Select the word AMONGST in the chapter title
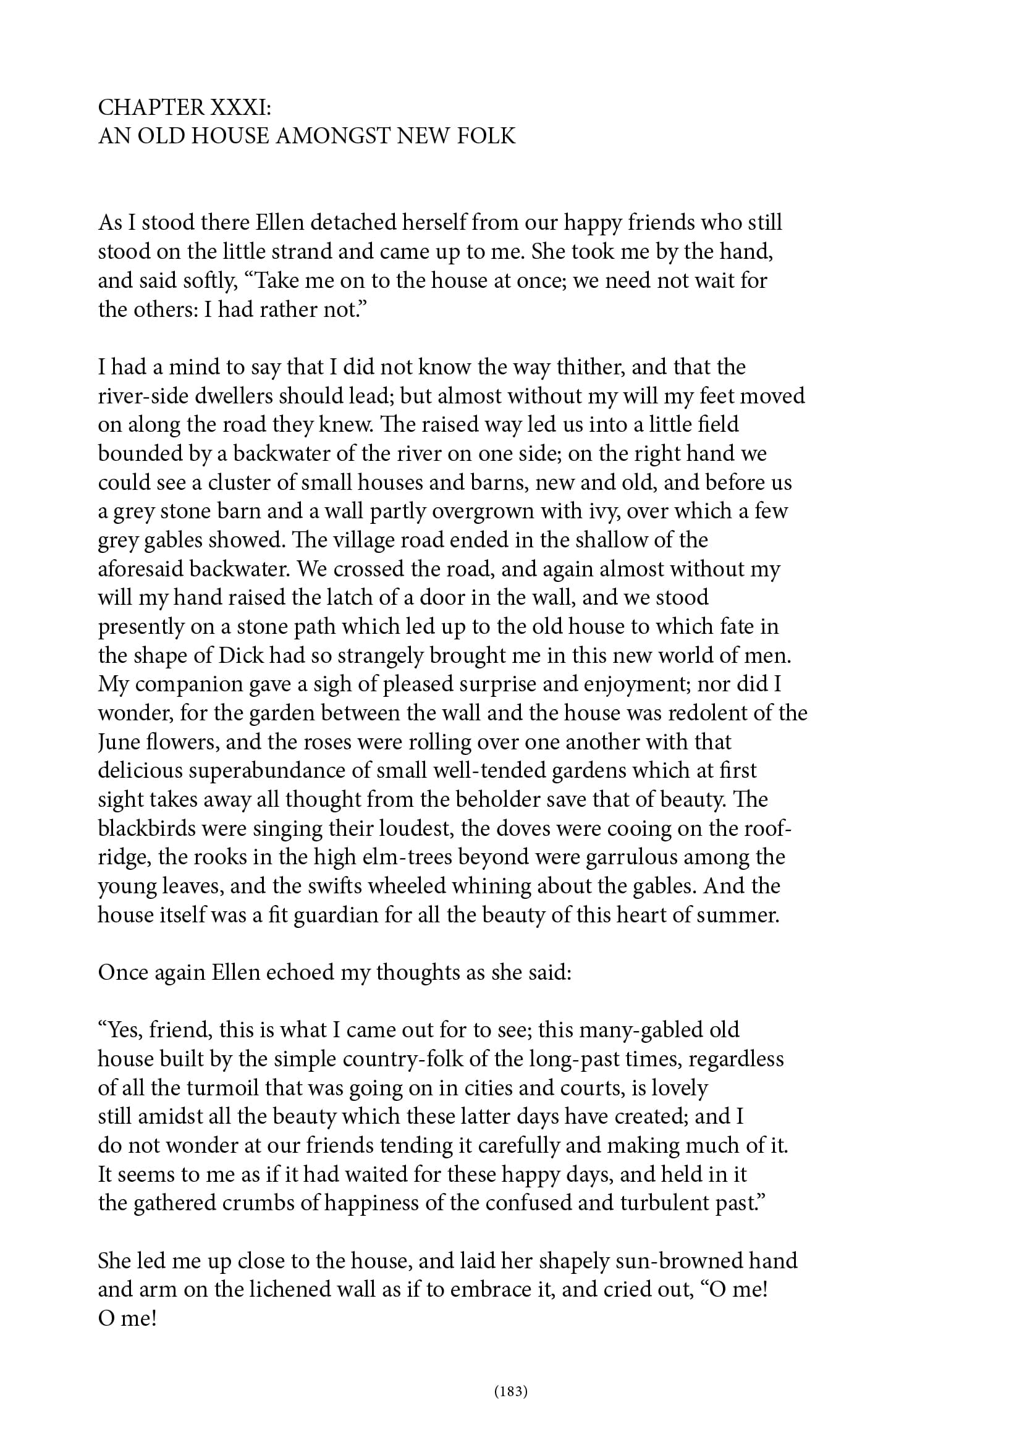(x=333, y=136)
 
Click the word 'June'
(x=117, y=742)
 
